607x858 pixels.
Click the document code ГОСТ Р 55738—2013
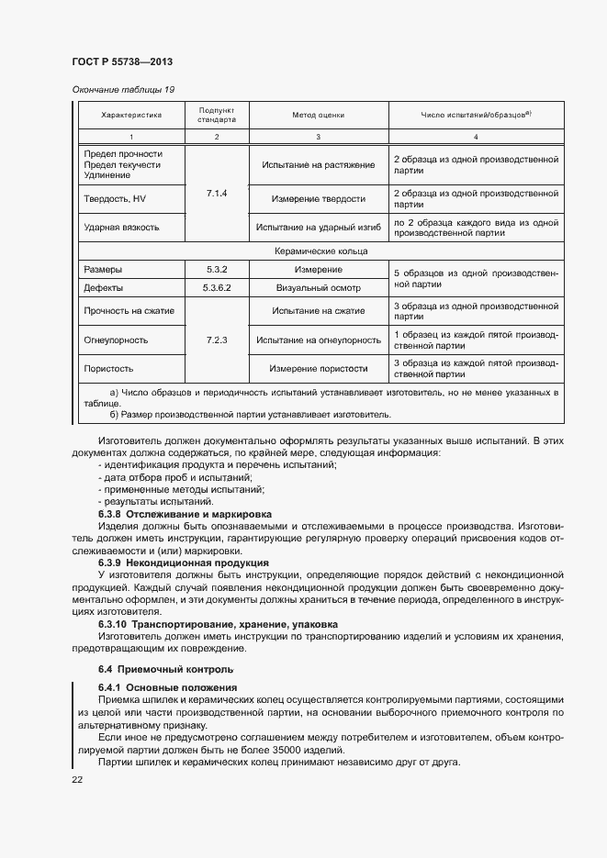pyautogui.click(x=122, y=61)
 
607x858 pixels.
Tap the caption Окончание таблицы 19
pyautogui.click(x=122, y=89)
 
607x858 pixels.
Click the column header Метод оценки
pyautogui.click(x=318, y=116)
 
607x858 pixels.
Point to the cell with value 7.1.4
pyautogui.click(x=217, y=194)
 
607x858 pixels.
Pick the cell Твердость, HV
pyautogui.click(x=115, y=198)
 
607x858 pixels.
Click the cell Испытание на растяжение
pyautogui.click(x=318, y=164)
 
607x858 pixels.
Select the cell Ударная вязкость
pyautogui.click(x=121, y=227)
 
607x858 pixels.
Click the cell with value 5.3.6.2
pyautogui.click(x=217, y=288)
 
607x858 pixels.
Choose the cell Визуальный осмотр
pyautogui.click(x=318, y=288)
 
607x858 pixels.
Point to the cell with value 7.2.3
pyautogui.click(x=217, y=340)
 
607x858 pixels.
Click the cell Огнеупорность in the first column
pyautogui.click(x=116, y=340)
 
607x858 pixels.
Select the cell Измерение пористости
pyautogui.click(x=318, y=368)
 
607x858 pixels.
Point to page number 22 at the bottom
pyautogui.click(x=77, y=779)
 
